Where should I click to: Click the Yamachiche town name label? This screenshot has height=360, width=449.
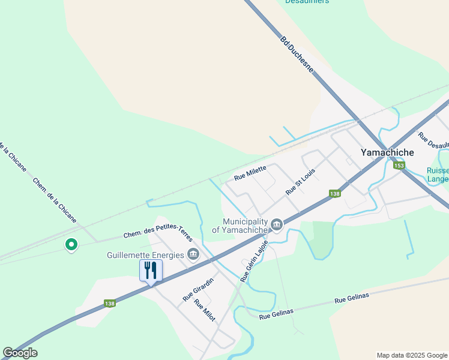pyautogui.click(x=387, y=152)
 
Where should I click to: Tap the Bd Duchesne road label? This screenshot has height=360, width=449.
pyautogui.click(x=297, y=55)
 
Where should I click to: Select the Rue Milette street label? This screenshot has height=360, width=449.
pyautogui.click(x=250, y=173)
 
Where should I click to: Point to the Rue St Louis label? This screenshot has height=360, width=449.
pyautogui.click(x=300, y=181)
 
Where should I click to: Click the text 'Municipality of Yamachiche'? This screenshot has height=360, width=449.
pyautogui.click(x=240, y=226)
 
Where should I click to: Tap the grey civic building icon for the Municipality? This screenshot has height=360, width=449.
pyautogui.click(x=277, y=225)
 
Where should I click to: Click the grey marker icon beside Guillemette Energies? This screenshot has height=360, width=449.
pyautogui.click(x=193, y=254)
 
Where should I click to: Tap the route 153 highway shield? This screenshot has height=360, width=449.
pyautogui.click(x=399, y=166)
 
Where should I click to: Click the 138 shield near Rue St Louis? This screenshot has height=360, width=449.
pyautogui.click(x=335, y=194)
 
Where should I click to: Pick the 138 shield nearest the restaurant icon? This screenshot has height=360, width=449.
pyautogui.click(x=109, y=304)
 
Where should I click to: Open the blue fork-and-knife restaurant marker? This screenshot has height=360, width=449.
pyautogui.click(x=151, y=271)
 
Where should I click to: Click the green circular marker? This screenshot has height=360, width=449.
pyautogui.click(x=71, y=244)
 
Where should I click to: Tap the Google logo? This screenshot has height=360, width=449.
pyautogui.click(x=20, y=353)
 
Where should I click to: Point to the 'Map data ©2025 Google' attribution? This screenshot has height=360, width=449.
pyautogui.click(x=411, y=355)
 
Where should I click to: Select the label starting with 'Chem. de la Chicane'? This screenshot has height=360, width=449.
pyautogui.click(x=55, y=201)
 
